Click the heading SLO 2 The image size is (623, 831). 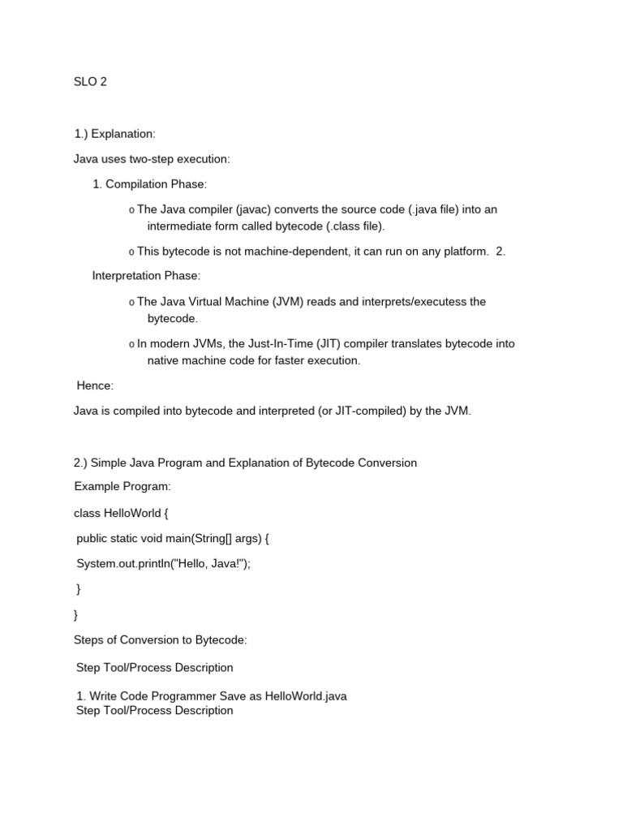90,82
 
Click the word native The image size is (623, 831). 163,360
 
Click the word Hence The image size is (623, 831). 94,386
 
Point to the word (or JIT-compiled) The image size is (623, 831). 357,411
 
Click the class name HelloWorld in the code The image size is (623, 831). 131,513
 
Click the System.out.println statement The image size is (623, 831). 163,563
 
